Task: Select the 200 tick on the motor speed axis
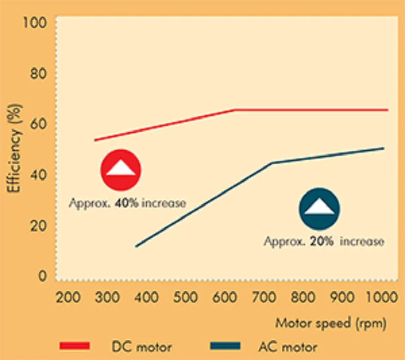70,297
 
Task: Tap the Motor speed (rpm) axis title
330,323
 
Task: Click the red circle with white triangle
121,169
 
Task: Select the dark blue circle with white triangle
319,208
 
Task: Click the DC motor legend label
141,347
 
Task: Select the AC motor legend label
288,347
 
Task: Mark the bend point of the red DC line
234,110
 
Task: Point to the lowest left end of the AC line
136,246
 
